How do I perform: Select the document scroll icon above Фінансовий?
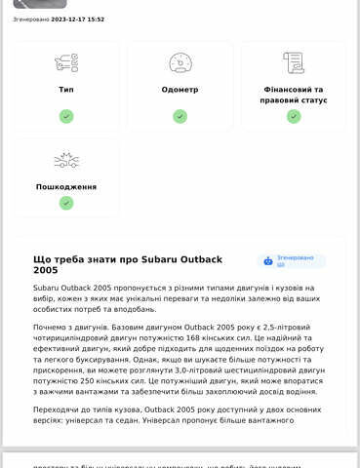click(293, 63)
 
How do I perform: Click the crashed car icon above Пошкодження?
click(66, 160)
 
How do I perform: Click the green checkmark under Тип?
click(66, 116)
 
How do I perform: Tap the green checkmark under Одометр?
click(180, 116)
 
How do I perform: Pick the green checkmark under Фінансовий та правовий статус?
click(293, 116)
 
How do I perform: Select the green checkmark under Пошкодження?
click(66, 203)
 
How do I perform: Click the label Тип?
click(66, 89)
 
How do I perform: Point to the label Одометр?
click(180, 89)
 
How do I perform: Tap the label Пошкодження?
click(66, 185)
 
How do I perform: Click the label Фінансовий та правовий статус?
click(293, 94)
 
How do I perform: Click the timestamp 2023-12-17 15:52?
click(78, 19)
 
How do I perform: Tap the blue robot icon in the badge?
click(268, 260)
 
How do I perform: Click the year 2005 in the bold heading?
click(45, 270)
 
